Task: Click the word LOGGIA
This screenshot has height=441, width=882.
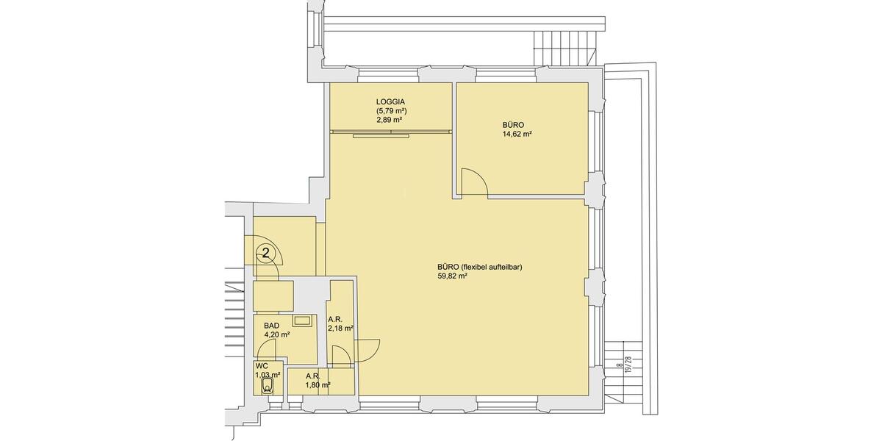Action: tap(391, 102)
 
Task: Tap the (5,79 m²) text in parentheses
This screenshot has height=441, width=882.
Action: tap(391, 111)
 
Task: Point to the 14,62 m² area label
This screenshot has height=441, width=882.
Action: tap(517, 135)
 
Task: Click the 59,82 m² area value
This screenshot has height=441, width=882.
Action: tap(452, 277)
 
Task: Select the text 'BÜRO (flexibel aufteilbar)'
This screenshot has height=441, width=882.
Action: tap(479, 267)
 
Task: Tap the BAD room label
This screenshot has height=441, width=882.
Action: tap(271, 325)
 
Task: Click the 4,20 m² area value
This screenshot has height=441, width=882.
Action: tap(276, 334)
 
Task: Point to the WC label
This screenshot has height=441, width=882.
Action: tap(262, 365)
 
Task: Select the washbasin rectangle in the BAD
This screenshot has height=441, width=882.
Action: tap(303, 320)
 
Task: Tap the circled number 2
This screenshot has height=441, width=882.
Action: tap(267, 254)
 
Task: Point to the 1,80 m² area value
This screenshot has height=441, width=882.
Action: tap(318, 384)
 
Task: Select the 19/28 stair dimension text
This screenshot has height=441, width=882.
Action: tap(628, 365)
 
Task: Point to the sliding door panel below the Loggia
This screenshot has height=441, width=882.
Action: tap(381, 135)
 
